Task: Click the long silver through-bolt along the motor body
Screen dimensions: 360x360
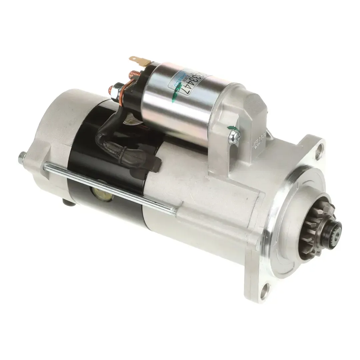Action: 110,187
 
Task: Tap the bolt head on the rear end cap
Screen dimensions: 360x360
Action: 23,156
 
